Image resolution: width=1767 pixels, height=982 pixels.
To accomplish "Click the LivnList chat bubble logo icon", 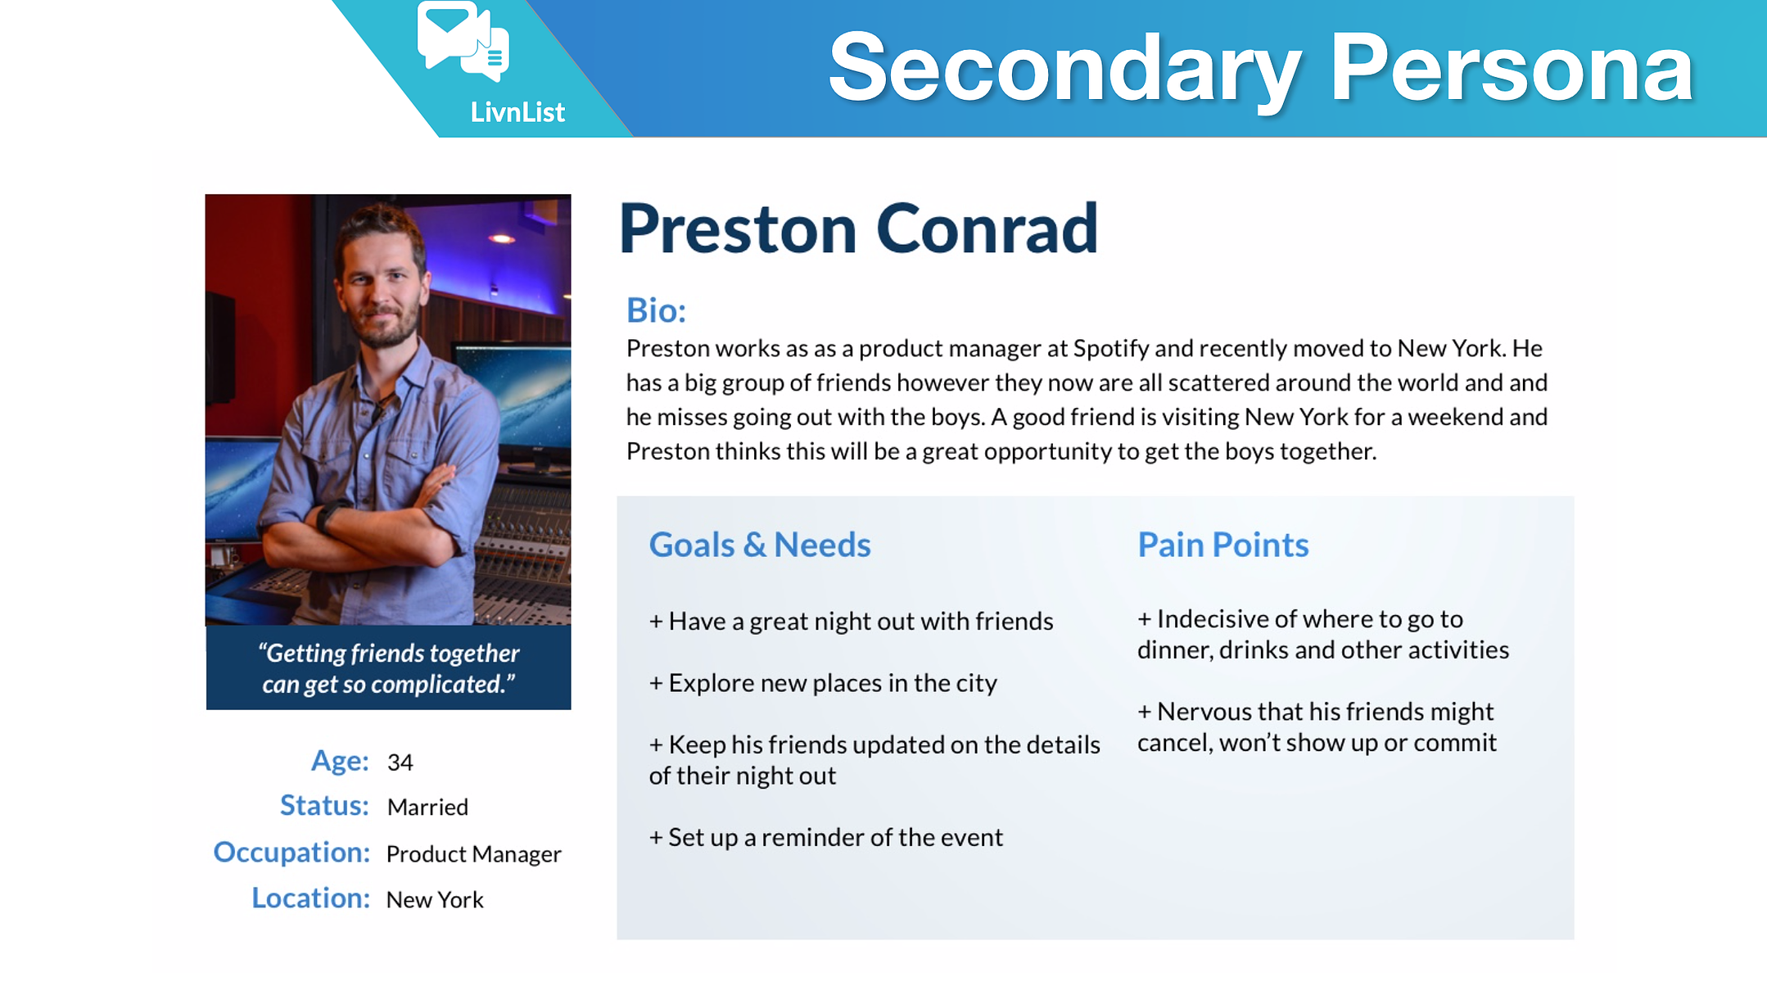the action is point(463,41).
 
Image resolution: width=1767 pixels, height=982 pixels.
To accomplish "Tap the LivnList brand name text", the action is point(517,112).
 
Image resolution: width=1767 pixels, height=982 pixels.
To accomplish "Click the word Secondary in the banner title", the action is point(1065,70).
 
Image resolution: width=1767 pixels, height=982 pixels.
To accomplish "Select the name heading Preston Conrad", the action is point(858,229).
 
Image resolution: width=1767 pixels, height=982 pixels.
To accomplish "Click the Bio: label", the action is point(656,310).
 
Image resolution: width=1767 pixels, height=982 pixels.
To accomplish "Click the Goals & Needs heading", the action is point(760,545).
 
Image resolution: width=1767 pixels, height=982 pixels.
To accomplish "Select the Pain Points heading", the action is point(1223,545).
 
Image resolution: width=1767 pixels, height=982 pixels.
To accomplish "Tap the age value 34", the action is point(400,763).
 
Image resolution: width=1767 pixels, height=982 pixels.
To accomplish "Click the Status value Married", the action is point(427,808).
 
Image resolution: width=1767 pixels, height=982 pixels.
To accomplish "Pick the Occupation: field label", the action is point(291,853).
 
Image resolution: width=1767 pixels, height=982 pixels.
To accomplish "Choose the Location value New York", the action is point(435,900).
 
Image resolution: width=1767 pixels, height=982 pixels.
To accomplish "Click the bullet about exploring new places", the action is point(823,683).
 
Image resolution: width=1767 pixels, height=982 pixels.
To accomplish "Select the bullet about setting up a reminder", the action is point(826,837).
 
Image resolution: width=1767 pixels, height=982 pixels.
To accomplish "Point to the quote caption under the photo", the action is point(389,668).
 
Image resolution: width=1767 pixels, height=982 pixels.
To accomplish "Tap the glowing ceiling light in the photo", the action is point(502,238).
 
